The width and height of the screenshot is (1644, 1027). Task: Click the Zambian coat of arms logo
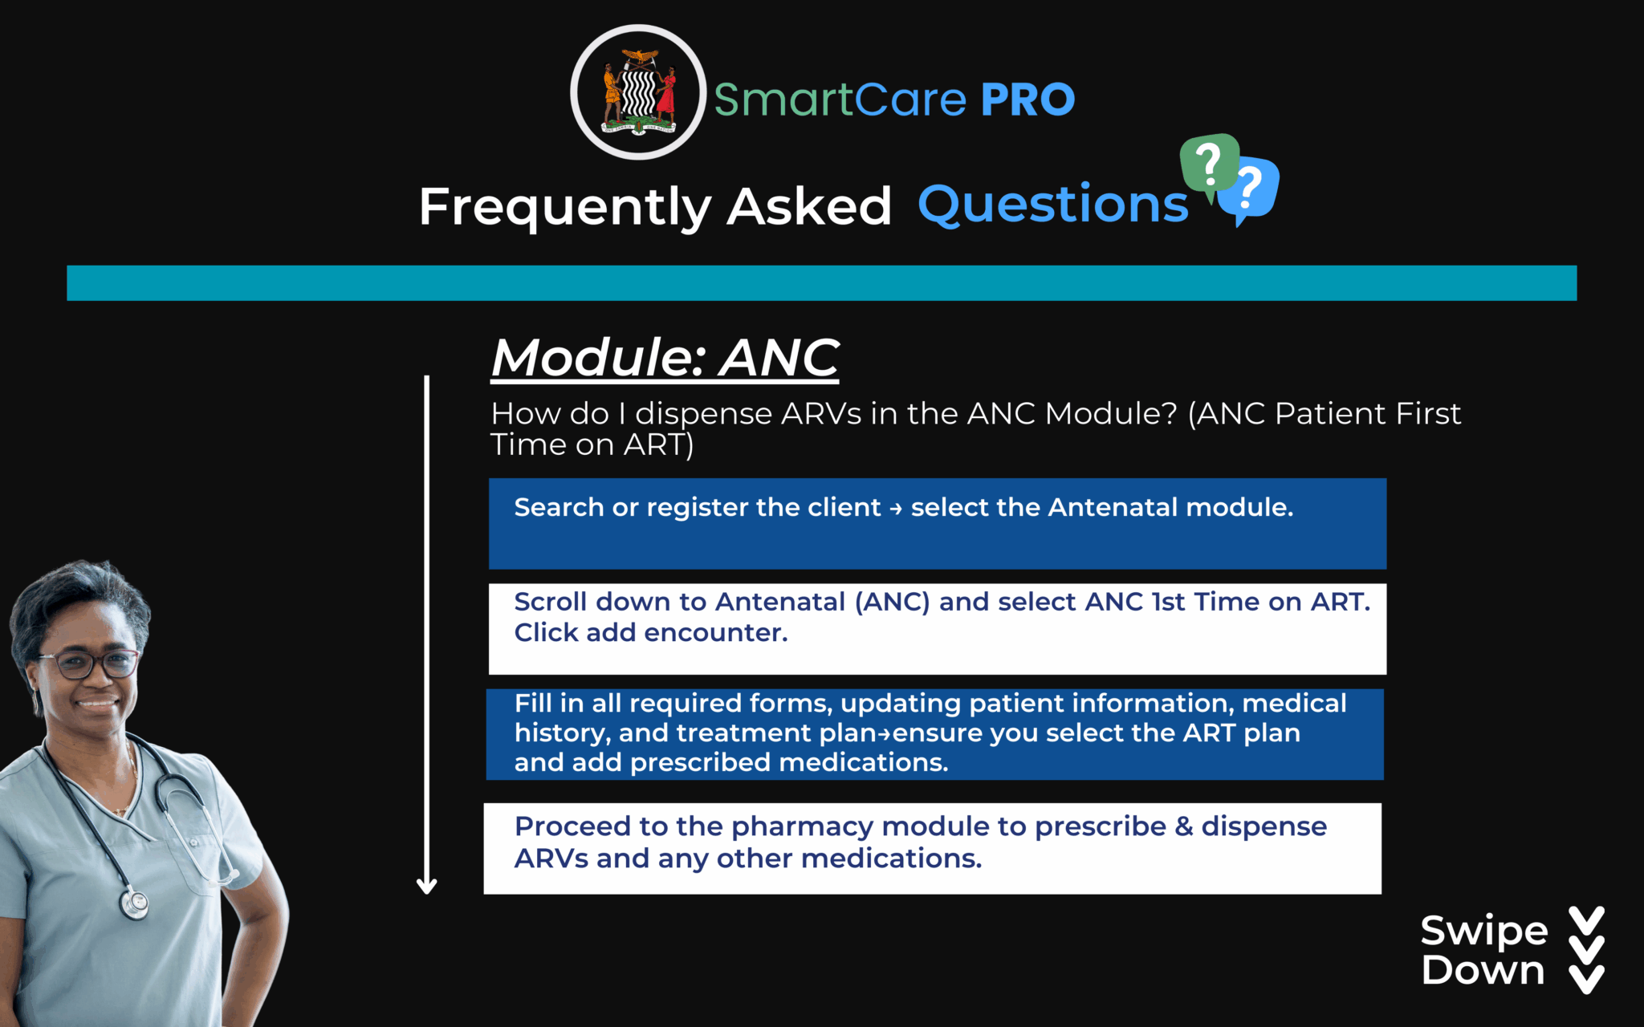[638, 92]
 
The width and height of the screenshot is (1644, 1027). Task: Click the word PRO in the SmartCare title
[1027, 100]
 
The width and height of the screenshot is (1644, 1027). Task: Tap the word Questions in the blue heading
[1052, 205]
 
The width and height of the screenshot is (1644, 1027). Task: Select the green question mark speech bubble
[1209, 164]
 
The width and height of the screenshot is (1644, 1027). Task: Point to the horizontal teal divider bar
[821, 282]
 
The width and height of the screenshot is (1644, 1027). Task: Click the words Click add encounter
[650, 633]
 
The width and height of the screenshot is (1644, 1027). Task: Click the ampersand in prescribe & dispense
[1183, 826]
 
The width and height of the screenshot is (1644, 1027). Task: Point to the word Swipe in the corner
[1483, 931]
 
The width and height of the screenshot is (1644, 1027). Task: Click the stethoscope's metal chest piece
[134, 903]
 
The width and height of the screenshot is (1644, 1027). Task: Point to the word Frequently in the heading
[564, 207]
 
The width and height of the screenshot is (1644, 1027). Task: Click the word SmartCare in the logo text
[840, 100]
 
